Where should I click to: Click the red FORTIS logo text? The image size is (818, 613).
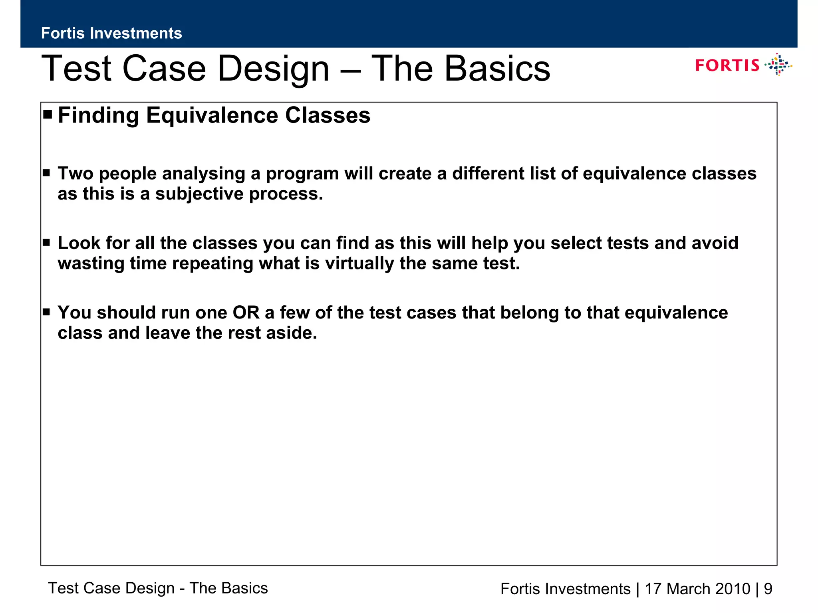727,65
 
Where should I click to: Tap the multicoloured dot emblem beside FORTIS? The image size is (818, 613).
778,65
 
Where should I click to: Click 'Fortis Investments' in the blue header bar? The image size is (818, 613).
111,33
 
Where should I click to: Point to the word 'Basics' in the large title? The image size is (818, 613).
497,69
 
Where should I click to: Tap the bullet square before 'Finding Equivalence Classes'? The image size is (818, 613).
48,115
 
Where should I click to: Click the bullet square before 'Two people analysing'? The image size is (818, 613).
46,173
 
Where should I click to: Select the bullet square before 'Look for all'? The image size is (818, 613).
46,242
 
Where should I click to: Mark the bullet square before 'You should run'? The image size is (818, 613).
46,312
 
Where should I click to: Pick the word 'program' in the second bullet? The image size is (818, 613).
302,174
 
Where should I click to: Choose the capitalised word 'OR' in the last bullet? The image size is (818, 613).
246,312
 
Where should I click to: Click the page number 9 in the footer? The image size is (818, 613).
768,589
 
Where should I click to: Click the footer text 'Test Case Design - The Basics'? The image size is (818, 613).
158,588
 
